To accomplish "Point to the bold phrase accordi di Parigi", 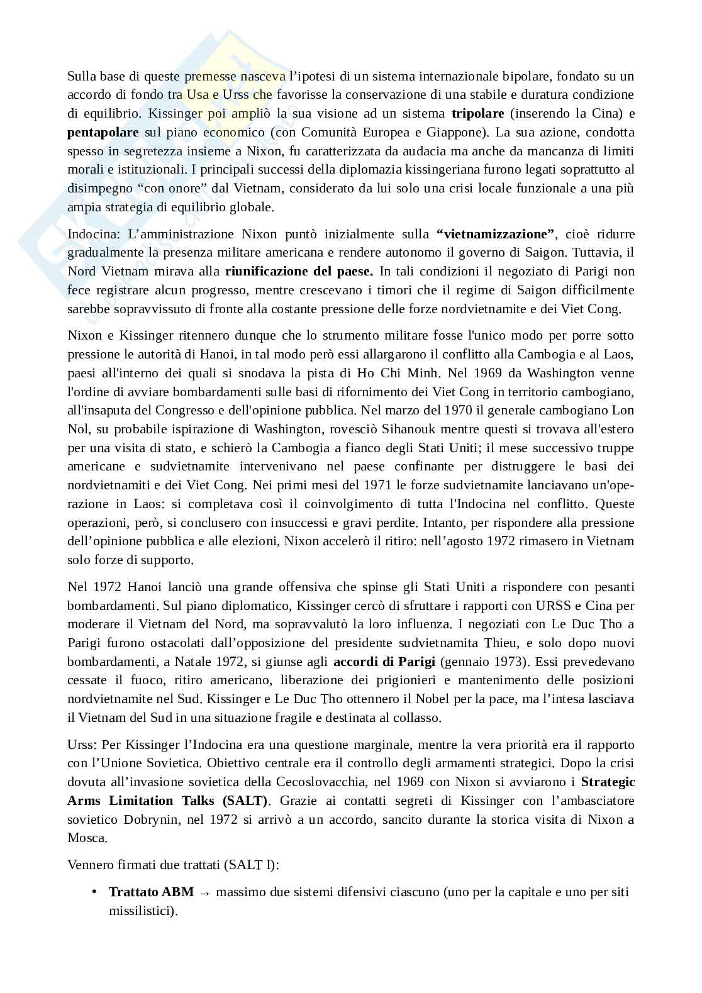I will coord(384,662).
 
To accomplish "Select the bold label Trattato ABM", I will coord(151,892).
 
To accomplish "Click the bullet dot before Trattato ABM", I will coord(94,892).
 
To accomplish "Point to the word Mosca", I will coord(87,838).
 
